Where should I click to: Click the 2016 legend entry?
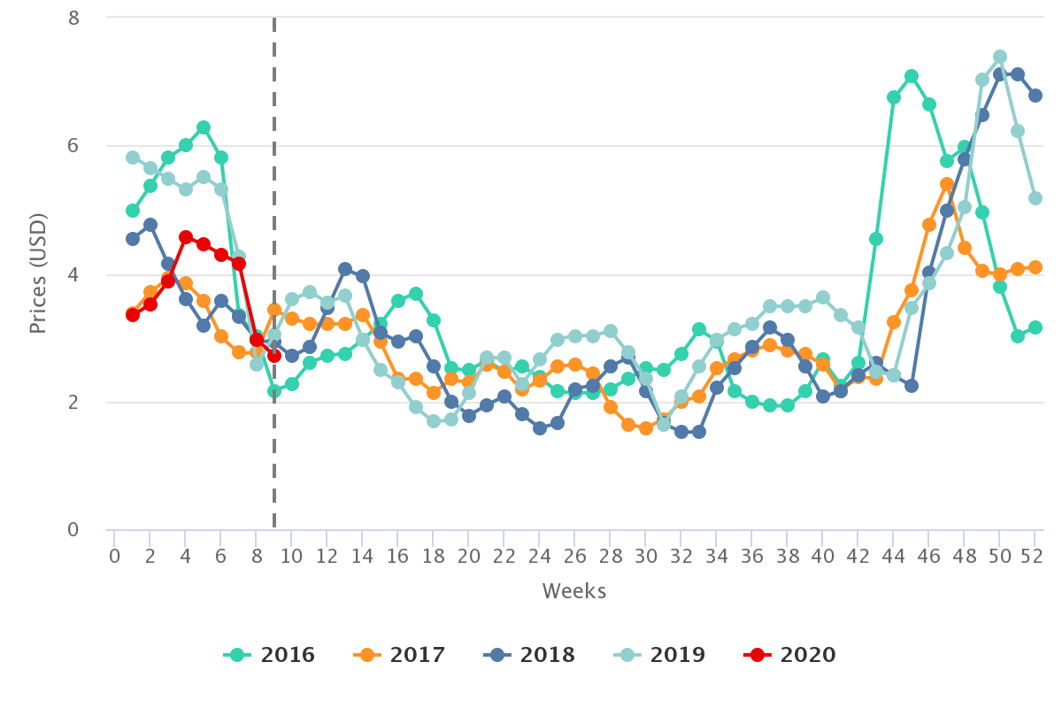[x=269, y=655]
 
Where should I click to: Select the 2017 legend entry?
[x=399, y=655]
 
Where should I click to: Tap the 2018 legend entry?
[x=529, y=655]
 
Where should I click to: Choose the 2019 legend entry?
[x=659, y=655]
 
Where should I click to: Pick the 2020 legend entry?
[x=789, y=655]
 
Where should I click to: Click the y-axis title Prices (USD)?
[x=37, y=274]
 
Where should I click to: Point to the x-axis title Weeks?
[x=574, y=591]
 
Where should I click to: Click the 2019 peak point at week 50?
[x=1000, y=57]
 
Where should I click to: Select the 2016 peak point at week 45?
[x=912, y=76]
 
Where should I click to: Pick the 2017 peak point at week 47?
[x=947, y=184]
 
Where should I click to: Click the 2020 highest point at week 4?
[x=186, y=237]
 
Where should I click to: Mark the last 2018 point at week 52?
[x=1035, y=96]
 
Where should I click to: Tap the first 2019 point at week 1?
[x=133, y=158]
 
